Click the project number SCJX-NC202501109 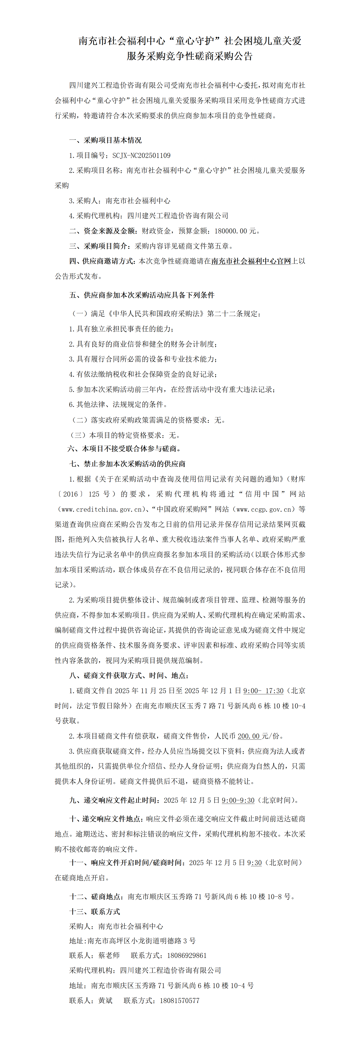click(141, 155)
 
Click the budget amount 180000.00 click(230, 231)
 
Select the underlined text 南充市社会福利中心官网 click(251, 261)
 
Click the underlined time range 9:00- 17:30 click(263, 691)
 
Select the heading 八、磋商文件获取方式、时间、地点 click(129, 675)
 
